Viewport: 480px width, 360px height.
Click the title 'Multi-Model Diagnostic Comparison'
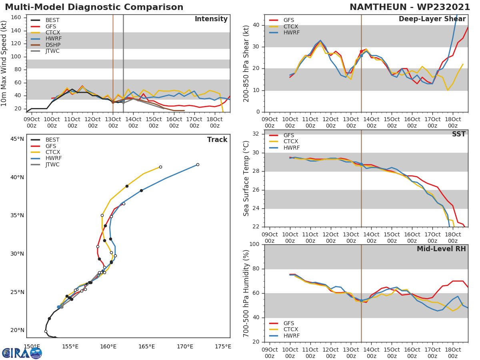[x=94, y=7]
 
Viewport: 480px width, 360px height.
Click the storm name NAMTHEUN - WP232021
[x=410, y=7]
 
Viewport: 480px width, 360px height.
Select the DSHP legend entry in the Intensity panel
[x=52, y=45]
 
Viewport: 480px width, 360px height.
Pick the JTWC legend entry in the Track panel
[x=52, y=164]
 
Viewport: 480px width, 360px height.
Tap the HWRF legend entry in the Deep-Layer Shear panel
[x=291, y=33]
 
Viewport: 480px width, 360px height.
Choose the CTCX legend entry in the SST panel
[x=291, y=142]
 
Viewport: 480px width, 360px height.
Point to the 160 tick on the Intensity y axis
[x=16, y=18]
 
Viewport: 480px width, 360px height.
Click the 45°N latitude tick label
[x=17, y=139]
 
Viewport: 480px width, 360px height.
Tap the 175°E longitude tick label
[x=223, y=346]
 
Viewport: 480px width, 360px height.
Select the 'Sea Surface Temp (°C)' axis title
[x=246, y=178]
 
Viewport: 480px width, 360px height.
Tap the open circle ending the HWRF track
[x=198, y=164]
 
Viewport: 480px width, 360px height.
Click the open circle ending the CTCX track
[x=160, y=167]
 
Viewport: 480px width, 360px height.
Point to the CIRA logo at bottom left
[x=22, y=353]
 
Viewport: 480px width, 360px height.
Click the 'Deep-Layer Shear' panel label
[x=432, y=19]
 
